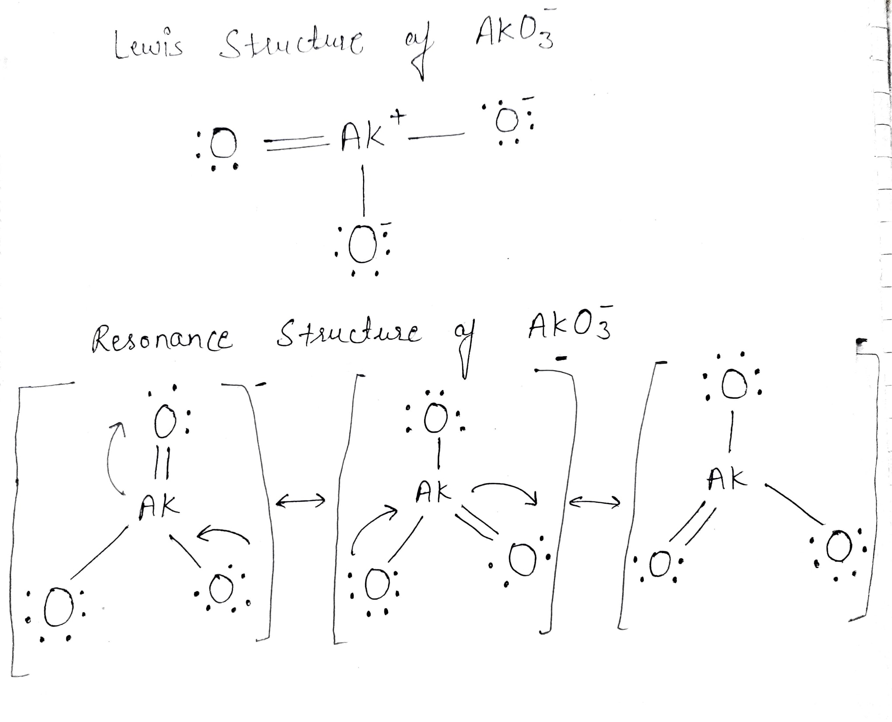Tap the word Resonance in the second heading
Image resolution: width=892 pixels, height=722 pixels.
pyautogui.click(x=162, y=340)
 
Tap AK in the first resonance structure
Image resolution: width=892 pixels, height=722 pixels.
pyautogui.click(x=159, y=507)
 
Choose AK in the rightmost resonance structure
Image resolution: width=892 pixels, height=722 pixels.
pyautogui.click(x=727, y=479)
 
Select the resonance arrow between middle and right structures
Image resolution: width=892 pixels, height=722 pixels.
pyautogui.click(x=596, y=502)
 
